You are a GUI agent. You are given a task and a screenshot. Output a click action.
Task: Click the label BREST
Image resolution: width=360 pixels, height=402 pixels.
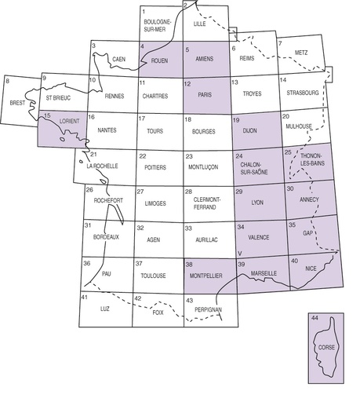17,102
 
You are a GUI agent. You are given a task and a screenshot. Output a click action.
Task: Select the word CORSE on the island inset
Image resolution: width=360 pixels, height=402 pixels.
325,345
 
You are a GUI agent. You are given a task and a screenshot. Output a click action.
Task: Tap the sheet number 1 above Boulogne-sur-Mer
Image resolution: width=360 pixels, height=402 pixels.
144,11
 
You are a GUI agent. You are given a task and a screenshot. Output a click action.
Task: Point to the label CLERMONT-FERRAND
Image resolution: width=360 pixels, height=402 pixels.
206,203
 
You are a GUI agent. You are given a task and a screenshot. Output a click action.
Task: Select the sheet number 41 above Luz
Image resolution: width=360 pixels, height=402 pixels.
85,298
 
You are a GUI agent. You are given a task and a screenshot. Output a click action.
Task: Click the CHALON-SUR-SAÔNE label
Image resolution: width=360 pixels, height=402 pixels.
253,166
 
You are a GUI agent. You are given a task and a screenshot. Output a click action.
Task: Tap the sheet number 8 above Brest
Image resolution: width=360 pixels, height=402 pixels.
9,81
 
